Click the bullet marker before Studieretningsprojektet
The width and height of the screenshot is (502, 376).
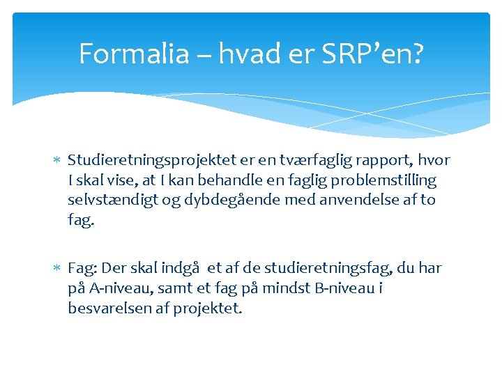pos(57,162)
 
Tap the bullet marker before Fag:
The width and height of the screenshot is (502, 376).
pos(57,269)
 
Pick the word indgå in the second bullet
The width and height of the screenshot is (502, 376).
pos(181,269)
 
